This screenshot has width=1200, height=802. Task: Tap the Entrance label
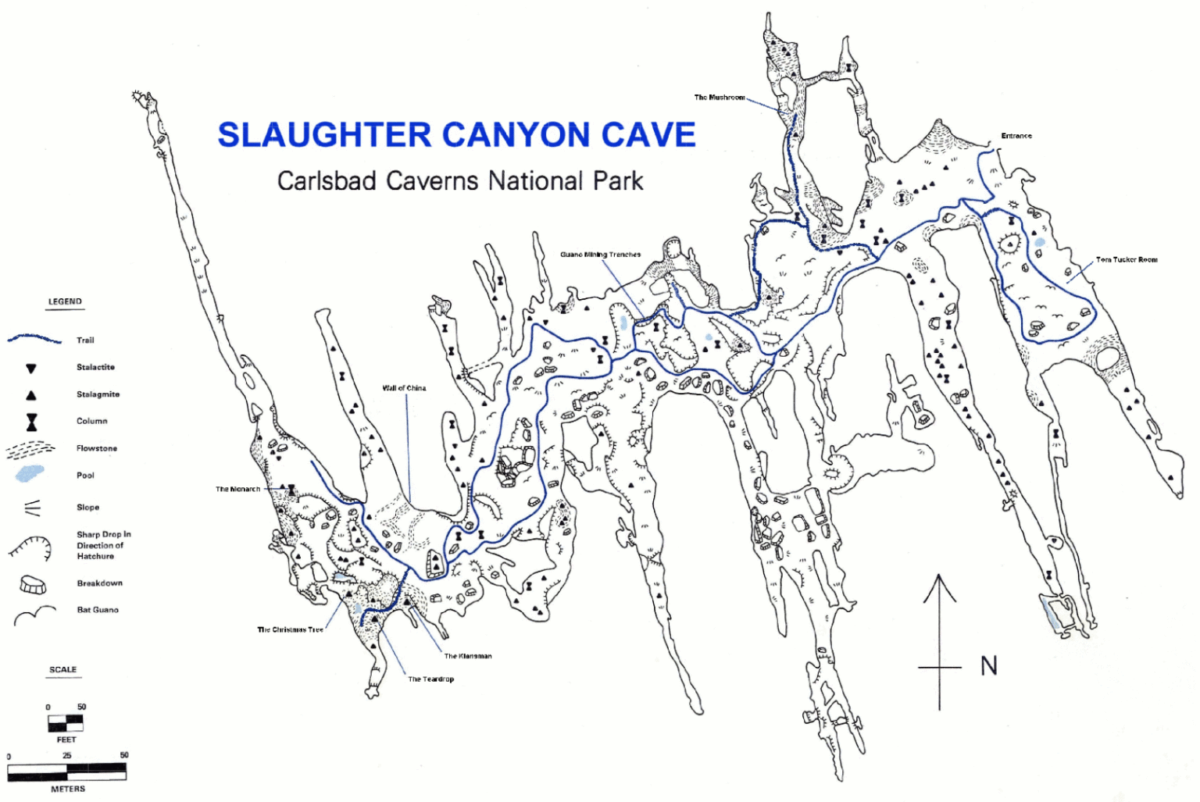(x=1016, y=136)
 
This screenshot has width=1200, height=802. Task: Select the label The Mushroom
(x=720, y=98)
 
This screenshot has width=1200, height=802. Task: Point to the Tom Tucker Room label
(x=1127, y=260)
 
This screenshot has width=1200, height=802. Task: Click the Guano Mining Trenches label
(x=600, y=255)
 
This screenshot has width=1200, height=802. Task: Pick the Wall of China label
(x=404, y=388)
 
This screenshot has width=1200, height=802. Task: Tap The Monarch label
(x=237, y=490)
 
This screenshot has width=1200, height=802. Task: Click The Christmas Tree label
(x=290, y=630)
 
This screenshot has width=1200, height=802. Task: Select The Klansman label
(x=468, y=657)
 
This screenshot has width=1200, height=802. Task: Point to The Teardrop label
(x=430, y=679)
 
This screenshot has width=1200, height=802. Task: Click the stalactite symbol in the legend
(x=31, y=368)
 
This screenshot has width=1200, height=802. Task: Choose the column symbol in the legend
(x=31, y=422)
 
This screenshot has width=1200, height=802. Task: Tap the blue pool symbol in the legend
(x=30, y=474)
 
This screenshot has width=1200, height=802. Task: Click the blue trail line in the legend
(x=34, y=340)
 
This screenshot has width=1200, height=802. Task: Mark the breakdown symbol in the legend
(x=33, y=584)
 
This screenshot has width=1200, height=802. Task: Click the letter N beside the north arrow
(x=989, y=666)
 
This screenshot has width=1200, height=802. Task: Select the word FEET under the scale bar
(x=66, y=740)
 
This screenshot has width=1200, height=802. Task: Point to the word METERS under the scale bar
(x=68, y=789)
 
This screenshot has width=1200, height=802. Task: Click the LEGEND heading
(x=65, y=301)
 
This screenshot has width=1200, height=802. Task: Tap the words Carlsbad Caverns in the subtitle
(x=377, y=181)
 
